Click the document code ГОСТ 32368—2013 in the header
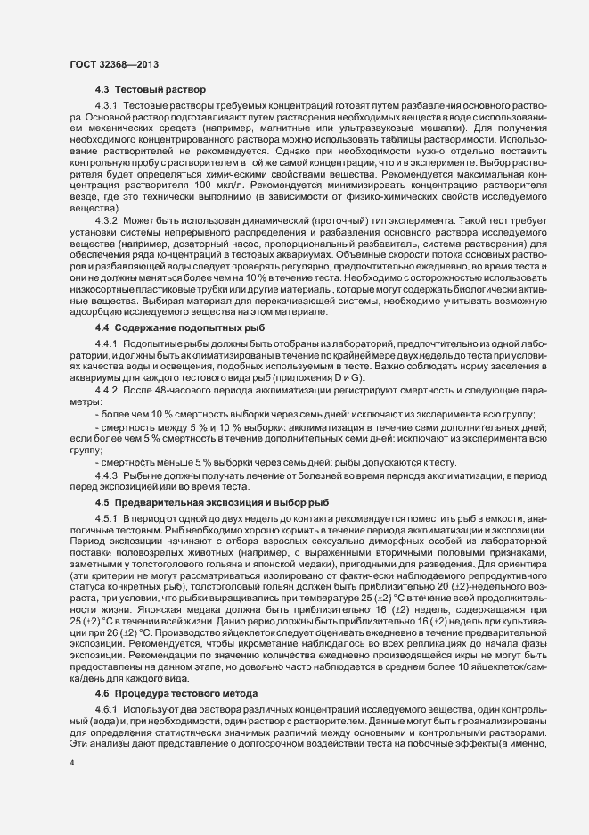(113, 65)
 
